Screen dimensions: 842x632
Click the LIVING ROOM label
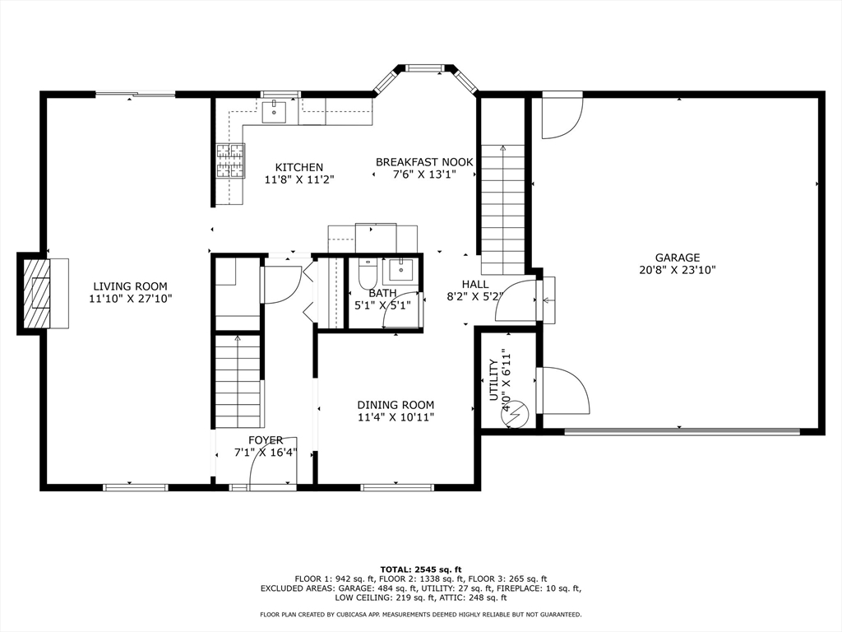(131, 286)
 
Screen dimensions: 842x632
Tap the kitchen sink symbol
(274, 111)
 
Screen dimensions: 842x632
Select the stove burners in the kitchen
(230, 160)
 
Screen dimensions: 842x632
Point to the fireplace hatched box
(36, 292)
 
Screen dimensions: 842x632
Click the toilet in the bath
(368, 275)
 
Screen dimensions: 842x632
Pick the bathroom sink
(400, 269)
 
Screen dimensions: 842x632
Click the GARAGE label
(678, 258)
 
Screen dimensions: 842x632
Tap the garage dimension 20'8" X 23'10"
(678, 270)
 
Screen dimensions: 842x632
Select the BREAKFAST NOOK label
(424, 162)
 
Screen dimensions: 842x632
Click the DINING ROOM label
(396, 405)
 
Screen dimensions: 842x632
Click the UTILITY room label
(493, 380)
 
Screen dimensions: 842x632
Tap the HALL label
(475, 284)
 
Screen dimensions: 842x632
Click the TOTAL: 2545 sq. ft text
(421, 569)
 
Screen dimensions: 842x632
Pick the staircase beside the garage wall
(502, 210)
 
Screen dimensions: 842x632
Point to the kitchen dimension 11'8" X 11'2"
(299, 179)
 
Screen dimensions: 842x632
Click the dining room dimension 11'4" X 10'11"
(396, 417)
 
